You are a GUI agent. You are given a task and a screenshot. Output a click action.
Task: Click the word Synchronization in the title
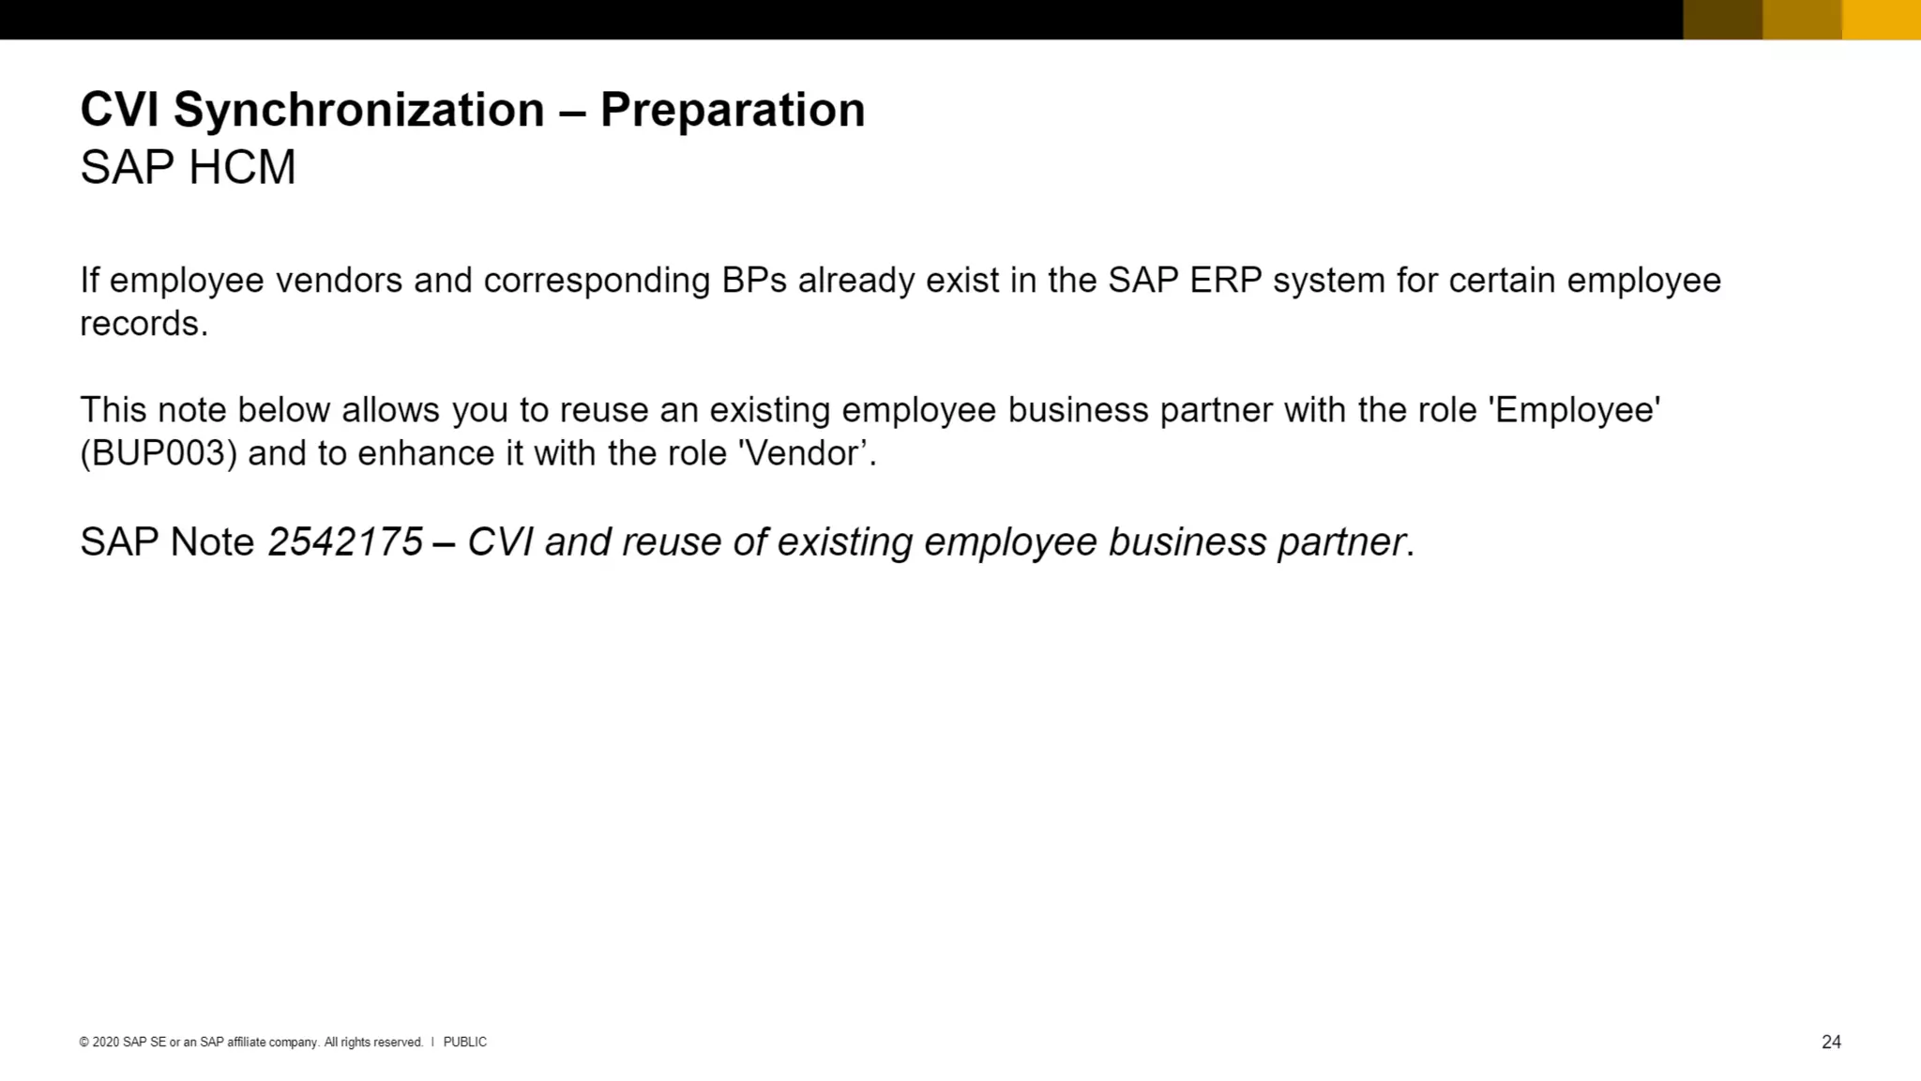pos(358,110)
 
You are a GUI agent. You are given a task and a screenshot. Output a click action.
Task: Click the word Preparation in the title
pos(733,110)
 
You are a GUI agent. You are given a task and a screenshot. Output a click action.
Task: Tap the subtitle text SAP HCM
pos(188,168)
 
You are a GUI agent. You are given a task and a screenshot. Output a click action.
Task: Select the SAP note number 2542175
pos(345,542)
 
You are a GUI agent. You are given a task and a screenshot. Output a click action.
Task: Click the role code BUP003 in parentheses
pos(159,454)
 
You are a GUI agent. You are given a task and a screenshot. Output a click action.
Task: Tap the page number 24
pos(1831,1042)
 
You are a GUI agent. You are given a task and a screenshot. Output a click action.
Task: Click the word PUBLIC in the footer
pos(464,1042)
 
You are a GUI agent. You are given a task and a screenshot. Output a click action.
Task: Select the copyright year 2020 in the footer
pos(105,1042)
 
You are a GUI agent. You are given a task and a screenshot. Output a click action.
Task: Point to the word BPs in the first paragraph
pos(754,281)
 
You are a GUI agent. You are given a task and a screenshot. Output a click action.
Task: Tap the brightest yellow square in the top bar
pos(1881,19)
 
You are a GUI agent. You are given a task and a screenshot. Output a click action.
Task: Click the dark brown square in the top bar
pos(1722,19)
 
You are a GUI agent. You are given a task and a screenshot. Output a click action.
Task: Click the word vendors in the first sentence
pos(339,281)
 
